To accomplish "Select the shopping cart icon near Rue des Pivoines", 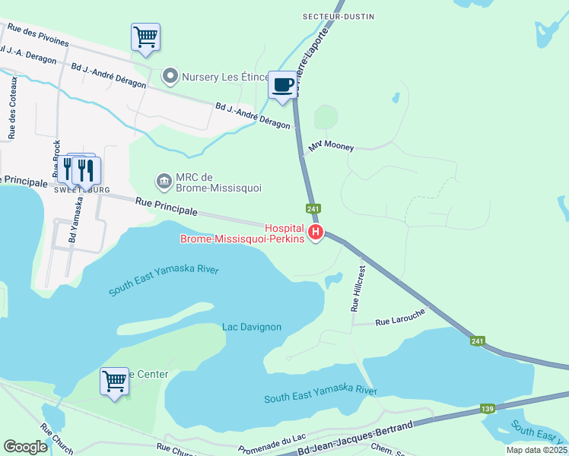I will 145,36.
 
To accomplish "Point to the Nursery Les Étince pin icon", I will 170,76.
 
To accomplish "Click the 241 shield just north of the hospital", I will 313,208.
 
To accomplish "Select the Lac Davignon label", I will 252,327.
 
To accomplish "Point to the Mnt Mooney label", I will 331,147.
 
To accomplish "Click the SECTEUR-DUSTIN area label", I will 330,16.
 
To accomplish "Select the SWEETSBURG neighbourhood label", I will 83,189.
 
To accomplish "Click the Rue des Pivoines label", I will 37,35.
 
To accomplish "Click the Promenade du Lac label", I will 271,444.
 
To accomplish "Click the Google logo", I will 27,446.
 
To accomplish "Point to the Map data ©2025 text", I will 536,450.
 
